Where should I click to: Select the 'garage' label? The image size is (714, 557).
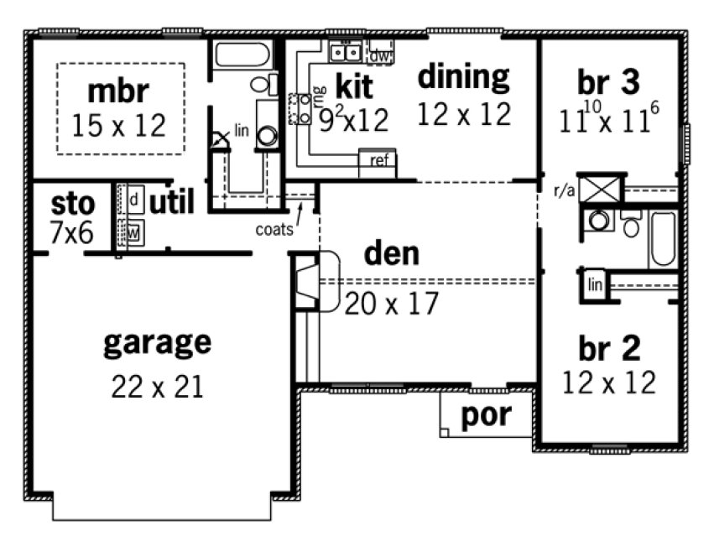(157, 342)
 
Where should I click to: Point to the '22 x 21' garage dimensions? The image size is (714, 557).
(157, 387)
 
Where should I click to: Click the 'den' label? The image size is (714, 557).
(392, 252)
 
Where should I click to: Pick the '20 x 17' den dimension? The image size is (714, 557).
(391, 303)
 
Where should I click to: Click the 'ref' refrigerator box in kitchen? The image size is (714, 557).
(378, 161)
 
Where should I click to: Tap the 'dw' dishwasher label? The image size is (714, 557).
(380, 55)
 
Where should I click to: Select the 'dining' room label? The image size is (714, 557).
(463, 76)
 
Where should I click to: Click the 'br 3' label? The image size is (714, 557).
(609, 82)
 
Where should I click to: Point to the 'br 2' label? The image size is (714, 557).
(609, 346)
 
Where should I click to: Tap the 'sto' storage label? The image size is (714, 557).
(73, 204)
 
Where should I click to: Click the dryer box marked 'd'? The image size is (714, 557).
(134, 200)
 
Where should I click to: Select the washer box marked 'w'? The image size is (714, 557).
(134, 228)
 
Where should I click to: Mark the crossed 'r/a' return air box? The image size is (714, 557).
(603, 188)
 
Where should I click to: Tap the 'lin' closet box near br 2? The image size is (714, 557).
(596, 284)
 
